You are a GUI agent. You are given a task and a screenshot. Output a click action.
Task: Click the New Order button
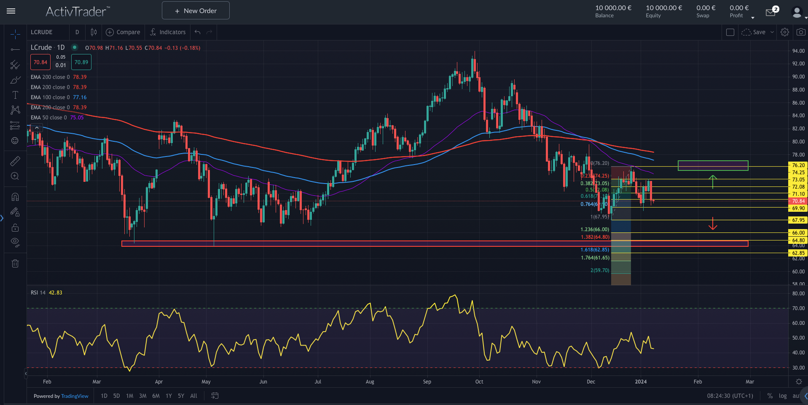pos(196,11)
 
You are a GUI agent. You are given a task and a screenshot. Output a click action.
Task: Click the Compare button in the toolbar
pos(123,32)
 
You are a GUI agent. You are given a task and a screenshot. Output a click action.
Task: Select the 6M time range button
pos(156,396)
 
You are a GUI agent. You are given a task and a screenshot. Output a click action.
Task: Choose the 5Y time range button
pos(181,396)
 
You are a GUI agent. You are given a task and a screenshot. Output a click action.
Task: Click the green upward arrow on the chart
pos(712,181)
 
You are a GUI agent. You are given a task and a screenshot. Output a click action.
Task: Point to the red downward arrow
pos(712,224)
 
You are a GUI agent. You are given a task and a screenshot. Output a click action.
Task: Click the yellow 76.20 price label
pos(798,165)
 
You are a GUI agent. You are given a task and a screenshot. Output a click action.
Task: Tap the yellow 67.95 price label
pos(798,220)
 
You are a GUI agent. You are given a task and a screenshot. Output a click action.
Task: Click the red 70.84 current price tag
pos(798,201)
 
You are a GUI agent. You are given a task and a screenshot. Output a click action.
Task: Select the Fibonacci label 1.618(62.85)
pos(595,250)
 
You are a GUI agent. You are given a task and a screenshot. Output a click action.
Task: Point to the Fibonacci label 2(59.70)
pos(599,270)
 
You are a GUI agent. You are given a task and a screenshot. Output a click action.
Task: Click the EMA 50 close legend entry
pos(48,118)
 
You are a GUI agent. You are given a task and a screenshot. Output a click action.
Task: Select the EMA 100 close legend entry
pos(50,97)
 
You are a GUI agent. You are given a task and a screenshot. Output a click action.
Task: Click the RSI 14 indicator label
pos(38,293)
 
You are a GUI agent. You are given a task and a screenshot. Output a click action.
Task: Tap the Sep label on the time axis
pos(427,382)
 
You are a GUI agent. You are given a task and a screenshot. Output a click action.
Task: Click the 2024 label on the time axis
pos(641,382)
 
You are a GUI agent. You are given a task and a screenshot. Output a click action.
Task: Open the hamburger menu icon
pos(11,11)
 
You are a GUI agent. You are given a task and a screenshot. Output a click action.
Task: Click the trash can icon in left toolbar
pos(15,264)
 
